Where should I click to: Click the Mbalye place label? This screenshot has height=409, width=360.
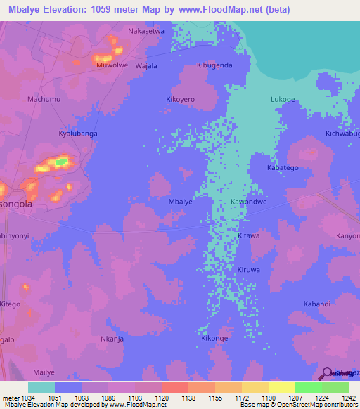point(181,202)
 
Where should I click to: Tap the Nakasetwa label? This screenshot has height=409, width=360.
point(146,31)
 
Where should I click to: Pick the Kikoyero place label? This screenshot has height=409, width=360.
point(180,100)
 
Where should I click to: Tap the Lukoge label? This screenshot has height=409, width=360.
point(283,100)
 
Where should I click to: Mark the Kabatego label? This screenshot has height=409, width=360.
point(283,168)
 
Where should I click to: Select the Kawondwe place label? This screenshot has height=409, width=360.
point(248,202)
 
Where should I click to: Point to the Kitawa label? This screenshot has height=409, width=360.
point(248,236)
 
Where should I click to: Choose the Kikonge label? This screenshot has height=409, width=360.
point(214,339)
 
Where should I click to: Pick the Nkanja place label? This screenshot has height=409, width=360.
point(112,339)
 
